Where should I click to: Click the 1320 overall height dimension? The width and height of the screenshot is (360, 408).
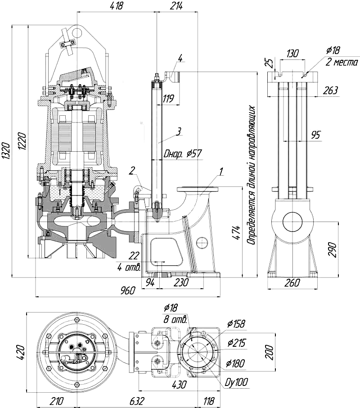point(6,151)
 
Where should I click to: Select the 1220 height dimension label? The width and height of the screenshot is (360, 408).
point(22,141)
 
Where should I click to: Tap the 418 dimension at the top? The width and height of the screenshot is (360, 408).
point(116,6)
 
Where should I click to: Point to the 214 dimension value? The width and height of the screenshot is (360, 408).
point(176,6)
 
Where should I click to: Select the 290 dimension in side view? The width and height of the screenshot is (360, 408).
point(333,249)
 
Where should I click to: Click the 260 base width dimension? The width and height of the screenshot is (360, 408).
point(292,282)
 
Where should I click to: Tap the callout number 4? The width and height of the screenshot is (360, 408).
point(180,58)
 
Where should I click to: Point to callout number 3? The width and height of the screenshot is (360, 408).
point(178,131)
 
